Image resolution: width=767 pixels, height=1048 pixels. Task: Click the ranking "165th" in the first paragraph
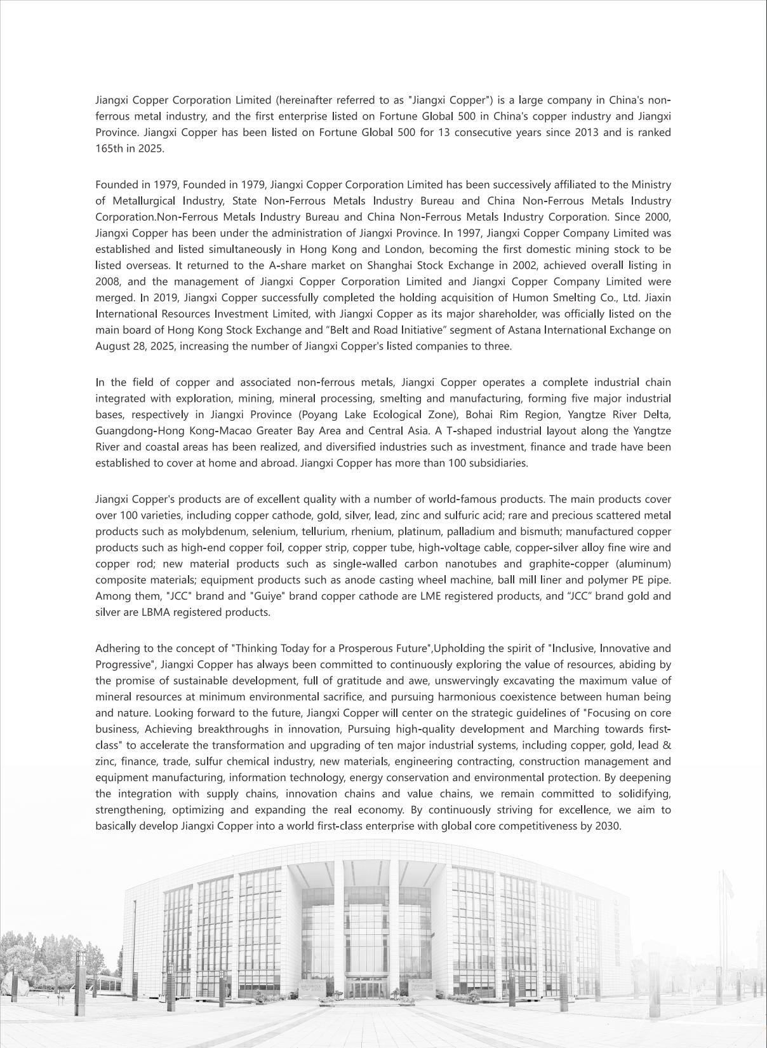(x=108, y=149)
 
